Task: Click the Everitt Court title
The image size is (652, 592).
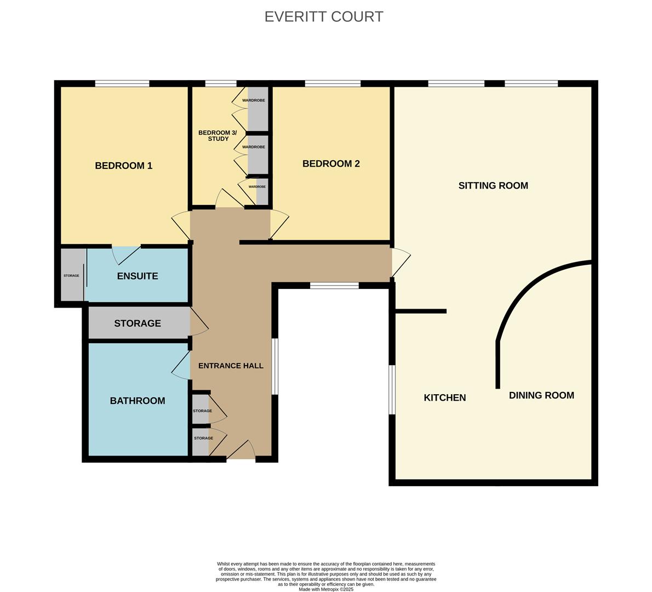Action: [324, 16]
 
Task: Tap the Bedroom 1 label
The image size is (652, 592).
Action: [123, 166]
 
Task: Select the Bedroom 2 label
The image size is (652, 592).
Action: [331, 163]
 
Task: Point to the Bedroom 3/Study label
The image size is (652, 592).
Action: [218, 135]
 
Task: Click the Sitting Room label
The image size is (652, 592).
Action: [493, 185]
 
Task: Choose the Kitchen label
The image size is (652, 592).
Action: [444, 398]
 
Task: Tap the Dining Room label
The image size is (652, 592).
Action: [541, 395]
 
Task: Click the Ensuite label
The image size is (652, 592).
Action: [137, 276]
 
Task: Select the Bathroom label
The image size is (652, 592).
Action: [137, 401]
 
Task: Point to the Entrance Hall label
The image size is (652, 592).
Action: [231, 366]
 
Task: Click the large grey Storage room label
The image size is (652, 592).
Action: [137, 323]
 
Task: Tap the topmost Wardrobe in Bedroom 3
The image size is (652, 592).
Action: [254, 100]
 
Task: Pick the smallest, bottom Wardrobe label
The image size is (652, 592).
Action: [257, 187]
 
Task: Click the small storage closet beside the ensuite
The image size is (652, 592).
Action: [72, 275]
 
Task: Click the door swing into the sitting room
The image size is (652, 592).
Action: [401, 262]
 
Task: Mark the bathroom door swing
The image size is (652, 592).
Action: [181, 365]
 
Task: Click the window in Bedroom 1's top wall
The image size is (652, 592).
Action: [122, 84]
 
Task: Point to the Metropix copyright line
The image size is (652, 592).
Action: [326, 589]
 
